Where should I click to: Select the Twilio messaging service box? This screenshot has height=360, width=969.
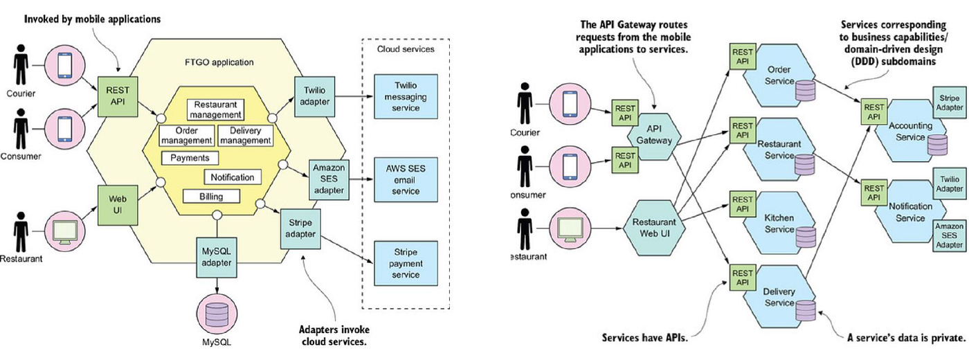[406, 96]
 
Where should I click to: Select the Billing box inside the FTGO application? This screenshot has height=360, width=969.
[212, 197]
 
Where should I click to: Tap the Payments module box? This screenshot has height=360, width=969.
[190, 158]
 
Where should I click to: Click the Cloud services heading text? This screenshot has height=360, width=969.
[406, 49]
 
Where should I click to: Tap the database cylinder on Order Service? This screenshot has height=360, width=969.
[805, 91]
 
